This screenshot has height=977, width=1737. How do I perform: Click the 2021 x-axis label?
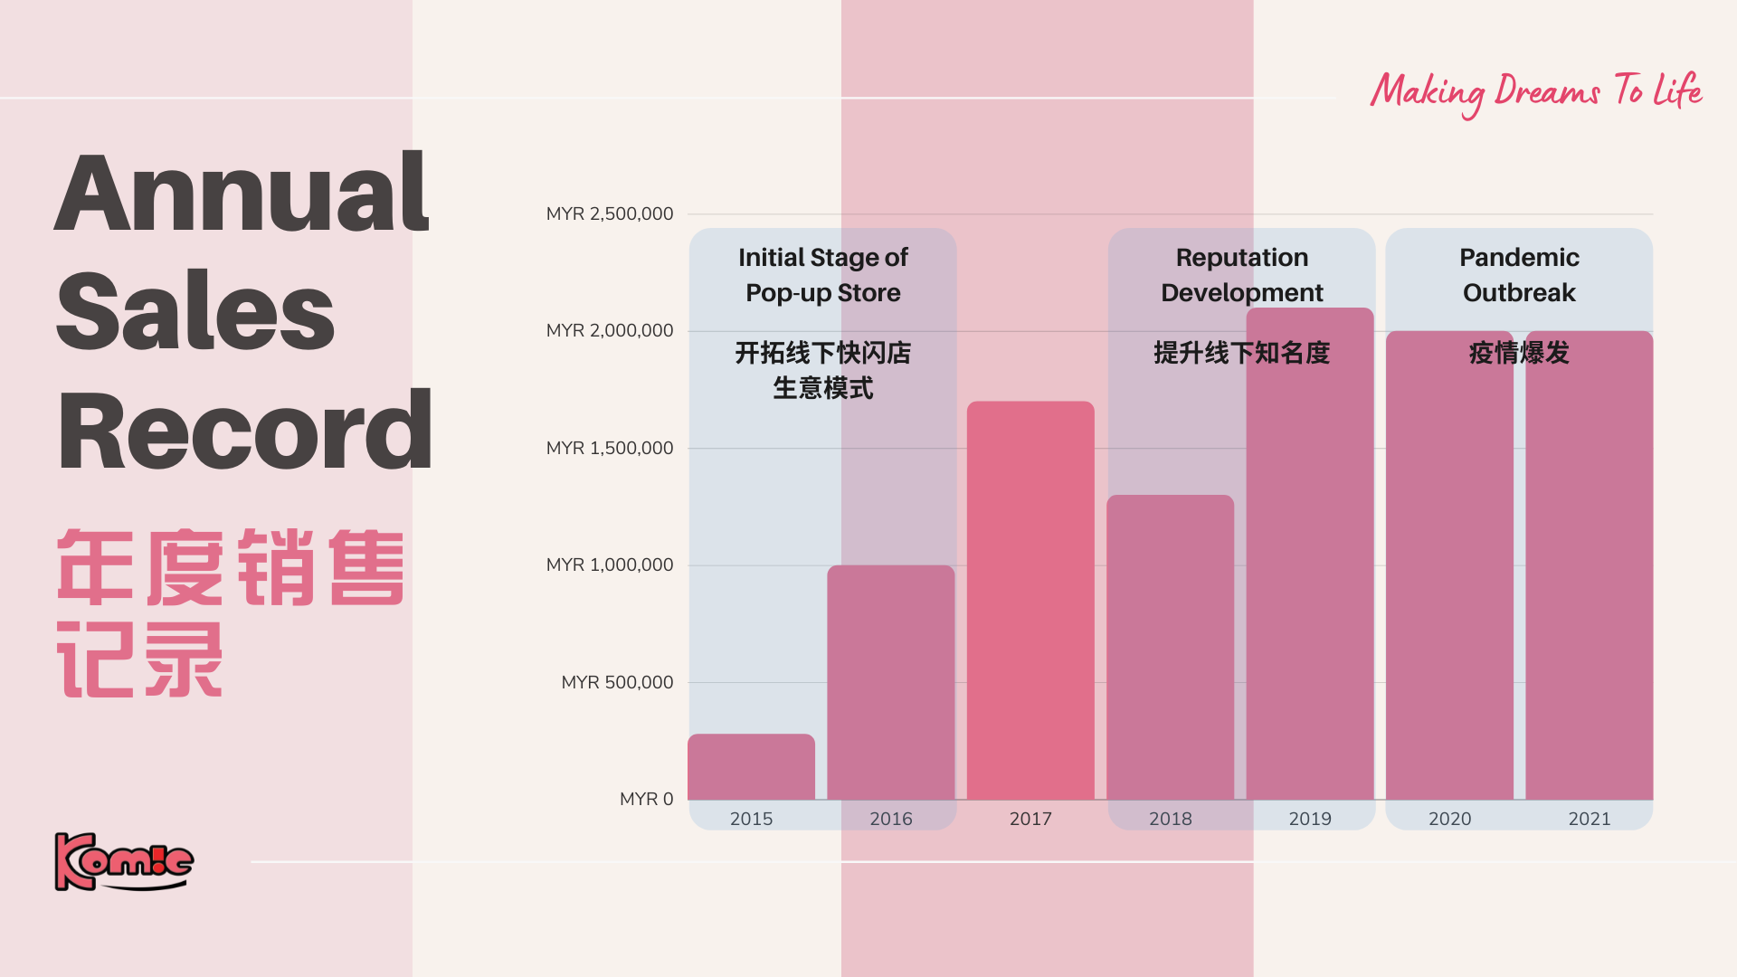tap(1589, 819)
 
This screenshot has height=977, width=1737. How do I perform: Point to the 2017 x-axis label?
tap(1030, 819)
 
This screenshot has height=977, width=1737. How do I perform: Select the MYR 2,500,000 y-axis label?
tap(610, 214)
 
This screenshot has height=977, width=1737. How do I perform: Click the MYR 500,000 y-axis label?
tap(617, 682)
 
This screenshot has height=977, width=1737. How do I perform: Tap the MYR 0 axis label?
tap(646, 799)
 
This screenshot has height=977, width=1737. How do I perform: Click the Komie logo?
tap(124, 861)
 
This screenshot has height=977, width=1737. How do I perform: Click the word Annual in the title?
tap(242, 193)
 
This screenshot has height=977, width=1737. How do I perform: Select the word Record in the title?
tap(244, 432)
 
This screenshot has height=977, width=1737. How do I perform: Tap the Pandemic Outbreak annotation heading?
tap(1519, 275)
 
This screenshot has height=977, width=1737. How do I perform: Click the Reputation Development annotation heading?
tap(1241, 275)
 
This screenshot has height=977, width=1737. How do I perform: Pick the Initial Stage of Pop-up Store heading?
tap(822, 275)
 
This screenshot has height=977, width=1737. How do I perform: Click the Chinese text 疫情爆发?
tap(1519, 353)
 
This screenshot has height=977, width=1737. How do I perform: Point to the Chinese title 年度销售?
tap(231, 567)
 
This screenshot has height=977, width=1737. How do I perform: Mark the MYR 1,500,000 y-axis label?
tap(610, 448)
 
